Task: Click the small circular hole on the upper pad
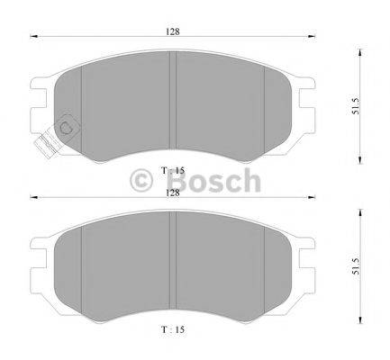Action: [67, 127]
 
